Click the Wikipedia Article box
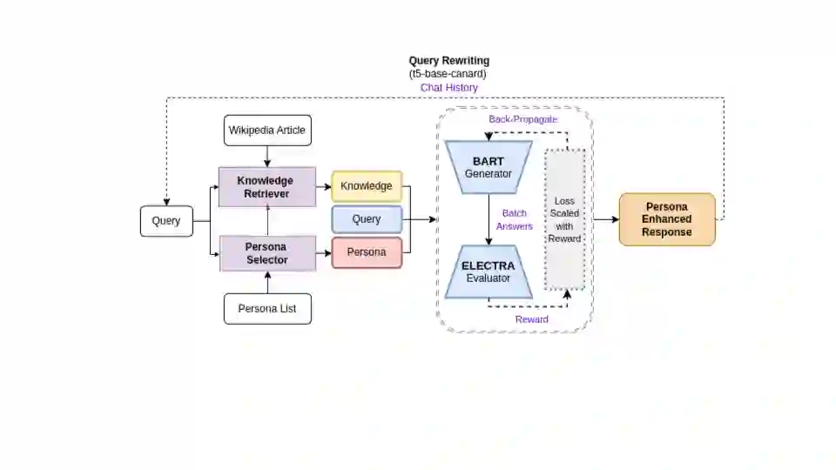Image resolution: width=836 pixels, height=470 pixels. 267,131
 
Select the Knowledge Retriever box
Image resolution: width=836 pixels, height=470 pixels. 266,187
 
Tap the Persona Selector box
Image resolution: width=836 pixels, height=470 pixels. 266,253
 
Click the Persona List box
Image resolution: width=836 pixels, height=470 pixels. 267,309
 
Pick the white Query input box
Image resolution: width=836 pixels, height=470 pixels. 166,220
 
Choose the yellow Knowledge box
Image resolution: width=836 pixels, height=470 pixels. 367,186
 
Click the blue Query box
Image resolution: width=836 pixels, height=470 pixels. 367,219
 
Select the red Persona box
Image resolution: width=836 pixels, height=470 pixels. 367,252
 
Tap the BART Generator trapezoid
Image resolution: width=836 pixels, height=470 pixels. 489,167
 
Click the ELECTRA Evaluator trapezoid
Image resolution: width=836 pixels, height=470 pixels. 489,272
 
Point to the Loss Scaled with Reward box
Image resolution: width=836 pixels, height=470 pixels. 564,219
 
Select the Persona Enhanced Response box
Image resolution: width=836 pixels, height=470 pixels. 667,219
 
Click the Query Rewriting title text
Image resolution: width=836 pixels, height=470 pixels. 449,61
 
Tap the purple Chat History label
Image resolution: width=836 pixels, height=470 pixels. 449,88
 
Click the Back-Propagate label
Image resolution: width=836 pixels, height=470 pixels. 522,119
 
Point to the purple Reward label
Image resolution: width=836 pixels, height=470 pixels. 532,319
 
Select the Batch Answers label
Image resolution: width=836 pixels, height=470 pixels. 513,219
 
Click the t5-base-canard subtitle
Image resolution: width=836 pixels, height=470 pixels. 449,74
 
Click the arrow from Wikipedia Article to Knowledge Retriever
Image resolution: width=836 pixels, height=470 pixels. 267,156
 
